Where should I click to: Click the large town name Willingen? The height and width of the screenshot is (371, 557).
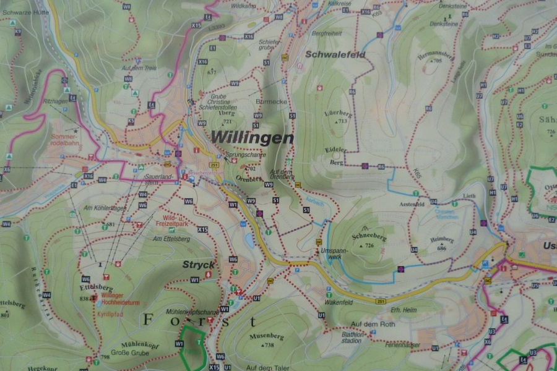click(x=252, y=137)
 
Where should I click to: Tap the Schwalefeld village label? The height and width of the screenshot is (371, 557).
click(x=335, y=54)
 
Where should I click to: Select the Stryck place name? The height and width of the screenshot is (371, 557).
click(x=198, y=265)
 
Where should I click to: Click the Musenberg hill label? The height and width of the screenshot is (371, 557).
click(x=266, y=337)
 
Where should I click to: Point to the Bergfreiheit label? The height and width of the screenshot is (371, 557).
click(x=327, y=32)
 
